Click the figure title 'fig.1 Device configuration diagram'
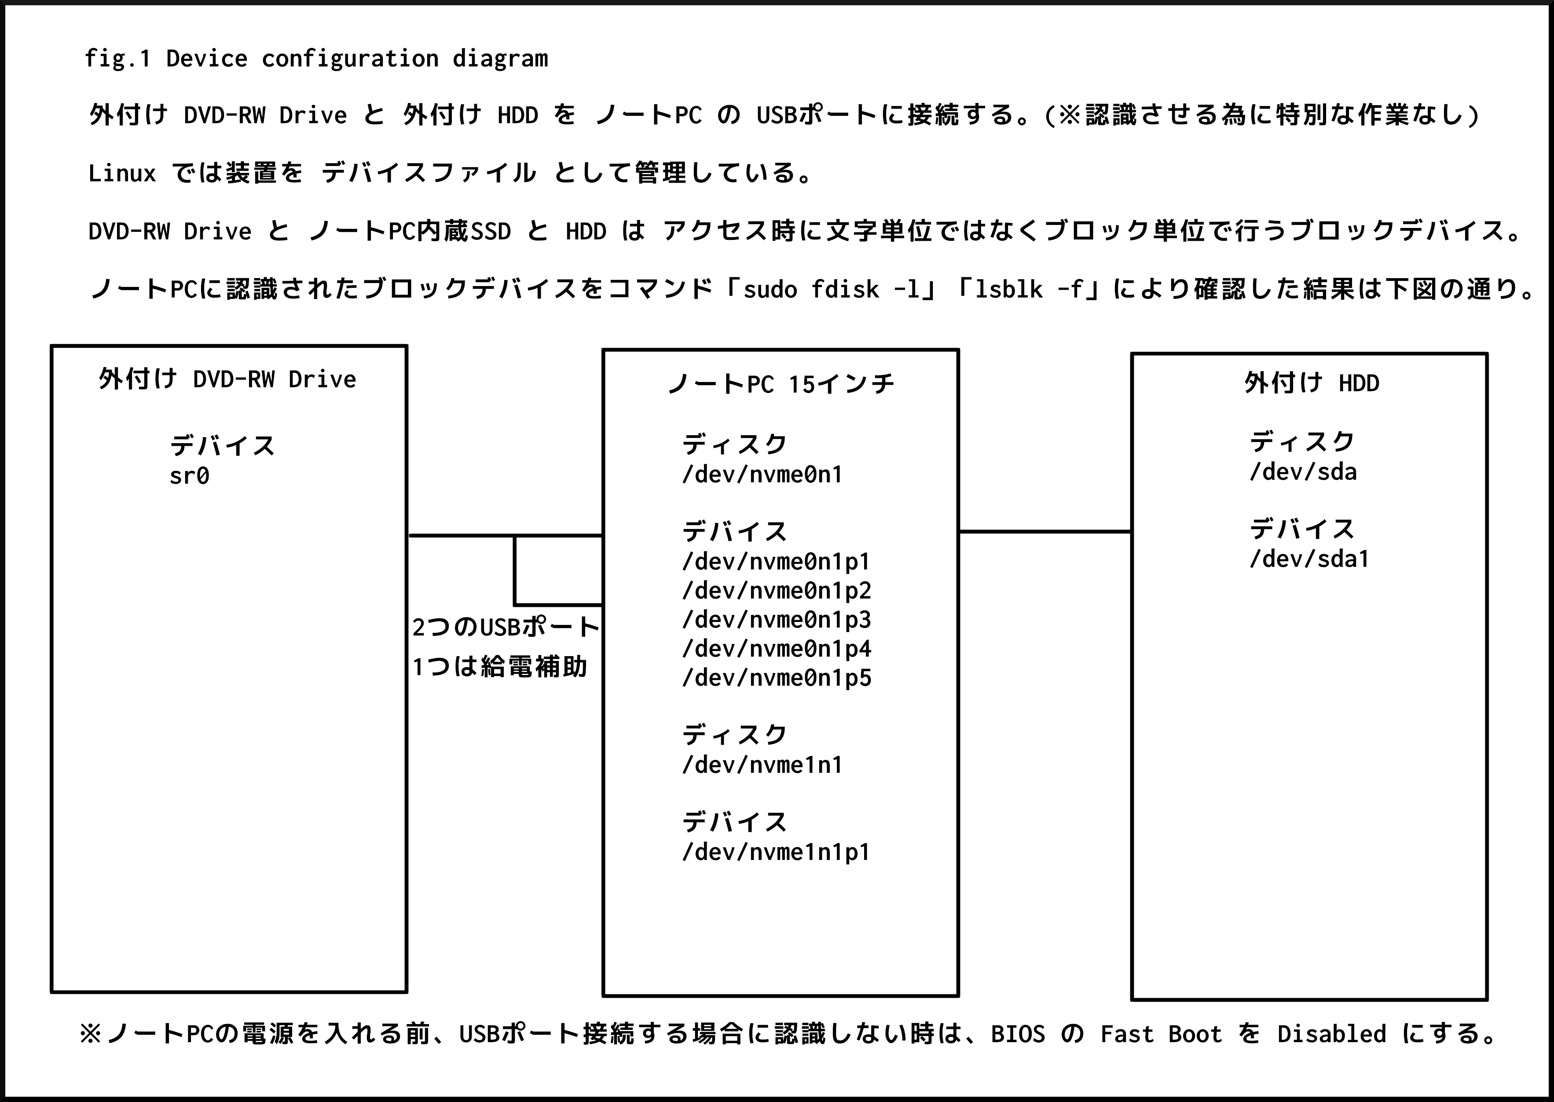click(316, 59)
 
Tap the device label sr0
click(189, 476)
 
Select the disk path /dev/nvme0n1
click(762, 474)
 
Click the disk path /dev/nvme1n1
click(762, 765)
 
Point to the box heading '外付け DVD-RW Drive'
click(227, 378)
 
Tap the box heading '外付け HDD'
click(1311, 383)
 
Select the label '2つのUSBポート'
click(506, 627)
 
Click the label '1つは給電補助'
click(499, 667)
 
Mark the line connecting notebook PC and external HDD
click(1045, 531)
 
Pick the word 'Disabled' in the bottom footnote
click(1331, 1034)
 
